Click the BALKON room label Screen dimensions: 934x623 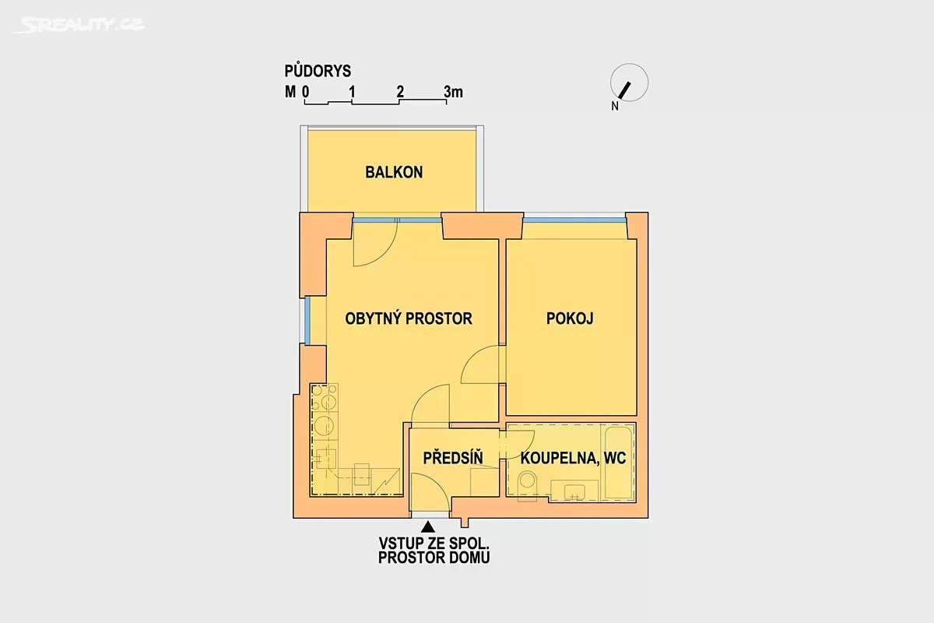tap(394, 172)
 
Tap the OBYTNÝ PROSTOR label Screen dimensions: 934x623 tap(409, 319)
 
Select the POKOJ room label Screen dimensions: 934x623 tap(570, 319)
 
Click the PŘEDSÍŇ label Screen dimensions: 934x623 tap(453, 457)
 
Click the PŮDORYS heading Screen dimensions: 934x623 tap(318, 71)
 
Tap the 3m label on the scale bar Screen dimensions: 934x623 tap(453, 92)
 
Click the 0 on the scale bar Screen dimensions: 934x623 tap(306, 92)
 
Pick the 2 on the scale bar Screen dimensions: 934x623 tap(400, 92)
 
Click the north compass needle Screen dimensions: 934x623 tap(624, 90)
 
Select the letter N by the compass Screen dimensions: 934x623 tap(615, 107)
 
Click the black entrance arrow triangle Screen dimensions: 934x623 tap(428, 527)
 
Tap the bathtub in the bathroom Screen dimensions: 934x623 tap(618, 462)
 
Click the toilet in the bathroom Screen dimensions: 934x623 tap(528, 486)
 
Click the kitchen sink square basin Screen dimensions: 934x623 tap(325, 458)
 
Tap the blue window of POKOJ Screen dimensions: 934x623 tap(574, 220)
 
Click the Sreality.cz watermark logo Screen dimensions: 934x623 tap(79, 25)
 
